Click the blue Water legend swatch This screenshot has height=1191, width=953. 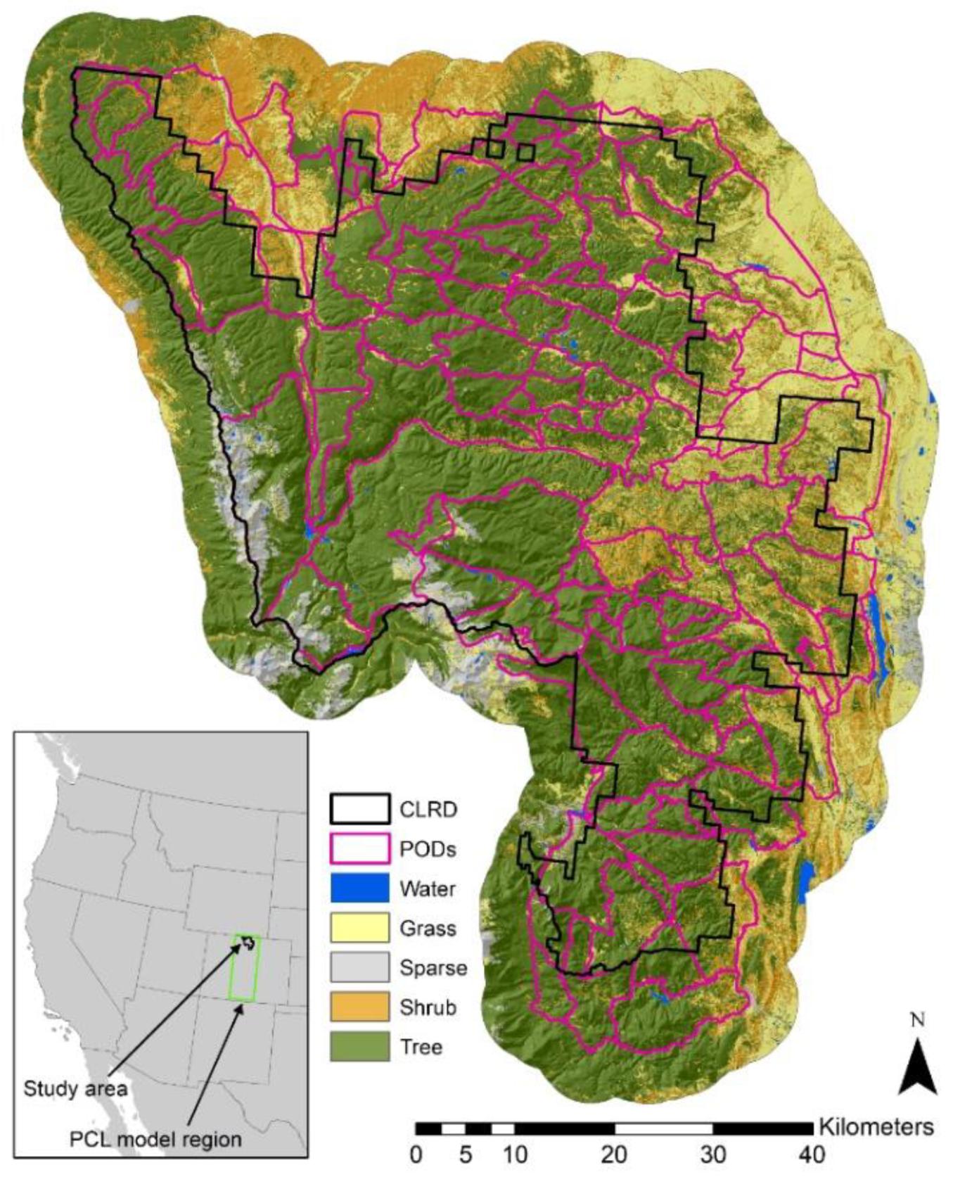point(359,888)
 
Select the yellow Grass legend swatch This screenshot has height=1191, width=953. point(359,928)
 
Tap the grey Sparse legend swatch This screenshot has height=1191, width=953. point(359,967)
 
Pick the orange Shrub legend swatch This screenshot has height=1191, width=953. point(359,1007)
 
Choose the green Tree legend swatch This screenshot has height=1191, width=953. point(359,1046)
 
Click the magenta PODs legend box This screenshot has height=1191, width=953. point(359,848)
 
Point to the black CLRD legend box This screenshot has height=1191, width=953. point(359,809)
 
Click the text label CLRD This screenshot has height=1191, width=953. point(428,809)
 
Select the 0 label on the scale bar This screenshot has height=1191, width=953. point(416,1155)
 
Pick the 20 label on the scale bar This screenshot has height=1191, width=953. point(614,1155)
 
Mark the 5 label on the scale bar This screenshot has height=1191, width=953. point(466,1155)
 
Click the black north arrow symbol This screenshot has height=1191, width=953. point(917,1069)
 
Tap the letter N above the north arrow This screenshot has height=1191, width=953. point(917,1021)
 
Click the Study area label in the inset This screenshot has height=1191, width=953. point(75,1089)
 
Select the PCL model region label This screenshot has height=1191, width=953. point(155,1139)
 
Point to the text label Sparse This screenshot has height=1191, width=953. point(433,968)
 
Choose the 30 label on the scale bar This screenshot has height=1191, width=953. point(712,1155)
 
